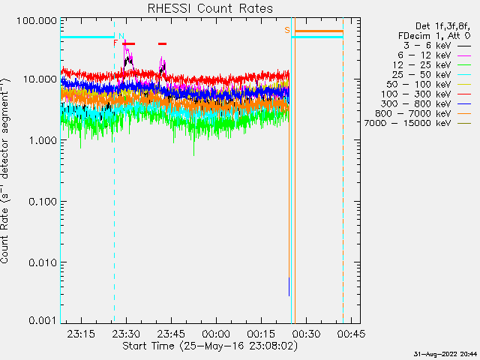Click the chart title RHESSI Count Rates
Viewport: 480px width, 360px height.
pos(209,8)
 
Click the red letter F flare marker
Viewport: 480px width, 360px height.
pos(115,43)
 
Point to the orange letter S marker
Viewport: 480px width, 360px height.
pos(287,30)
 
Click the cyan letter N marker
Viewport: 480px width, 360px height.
pos(121,35)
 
